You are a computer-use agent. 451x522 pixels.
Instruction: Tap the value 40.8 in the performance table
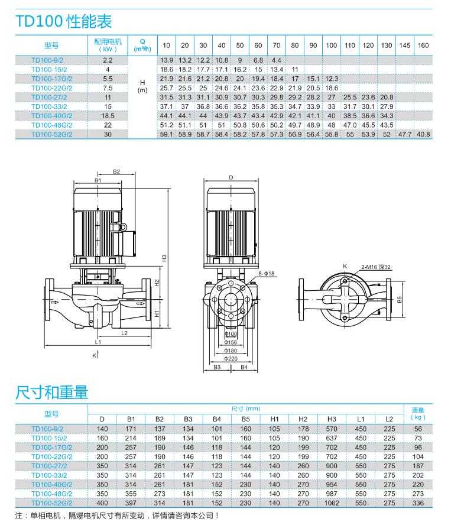pyautogui.click(x=423, y=135)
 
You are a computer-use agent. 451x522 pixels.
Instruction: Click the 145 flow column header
pyautogui.click(x=405, y=46)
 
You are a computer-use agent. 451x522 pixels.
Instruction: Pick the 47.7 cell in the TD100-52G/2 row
pyautogui.click(x=405, y=135)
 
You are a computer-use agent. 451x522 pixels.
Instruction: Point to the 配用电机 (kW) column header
pyautogui.click(x=108, y=46)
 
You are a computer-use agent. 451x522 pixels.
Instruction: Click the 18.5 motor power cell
pyautogui.click(x=108, y=116)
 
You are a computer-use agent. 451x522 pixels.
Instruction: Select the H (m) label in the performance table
pyautogui.click(x=141, y=87)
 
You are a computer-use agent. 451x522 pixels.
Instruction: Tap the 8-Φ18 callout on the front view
pyautogui.click(x=268, y=273)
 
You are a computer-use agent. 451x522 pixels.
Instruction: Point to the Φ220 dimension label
pyautogui.click(x=231, y=358)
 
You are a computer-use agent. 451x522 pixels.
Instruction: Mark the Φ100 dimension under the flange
pyautogui.click(x=231, y=334)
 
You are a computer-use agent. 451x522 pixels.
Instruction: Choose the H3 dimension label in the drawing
pyautogui.click(x=164, y=258)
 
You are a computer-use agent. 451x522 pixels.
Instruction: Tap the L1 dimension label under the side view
pyautogui.click(x=99, y=342)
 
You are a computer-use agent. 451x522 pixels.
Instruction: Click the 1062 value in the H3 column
pyautogui.click(x=332, y=503)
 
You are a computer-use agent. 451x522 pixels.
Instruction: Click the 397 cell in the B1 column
pyautogui.click(x=131, y=503)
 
